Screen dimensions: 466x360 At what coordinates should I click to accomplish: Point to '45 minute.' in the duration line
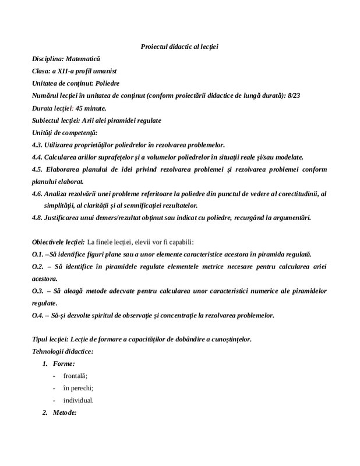pos(91,108)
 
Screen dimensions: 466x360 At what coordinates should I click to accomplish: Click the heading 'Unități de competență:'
pos(65,133)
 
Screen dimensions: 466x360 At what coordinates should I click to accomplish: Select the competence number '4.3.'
pos(40,145)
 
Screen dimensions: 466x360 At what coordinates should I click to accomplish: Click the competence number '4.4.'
pos(40,157)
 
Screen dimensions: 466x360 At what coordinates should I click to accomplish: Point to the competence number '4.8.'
pos(40,218)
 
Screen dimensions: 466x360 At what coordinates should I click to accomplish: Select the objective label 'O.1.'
pos(38,255)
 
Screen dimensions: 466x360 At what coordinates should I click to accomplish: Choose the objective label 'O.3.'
pos(38,291)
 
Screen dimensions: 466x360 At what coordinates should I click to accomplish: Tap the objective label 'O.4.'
pos(38,316)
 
